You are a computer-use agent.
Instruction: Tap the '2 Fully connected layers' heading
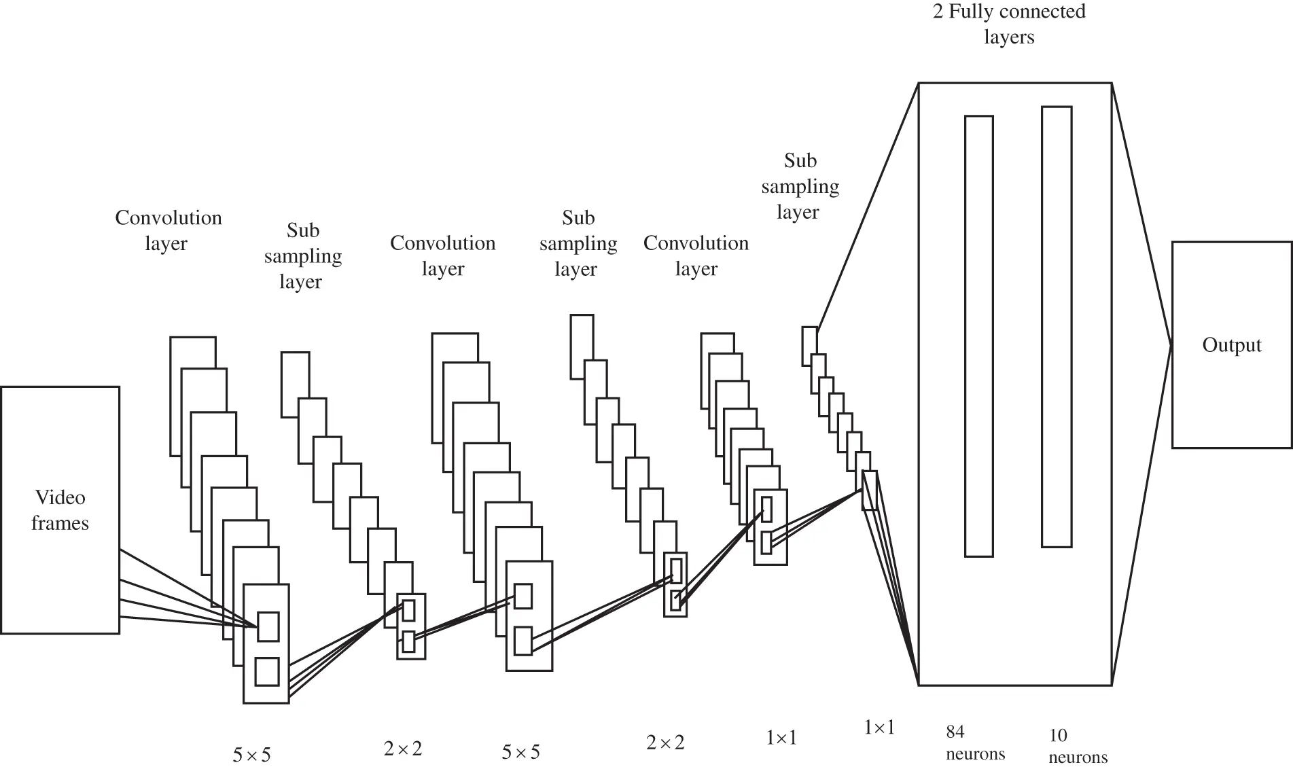click(1009, 23)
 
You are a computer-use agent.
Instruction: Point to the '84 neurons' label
click(975, 743)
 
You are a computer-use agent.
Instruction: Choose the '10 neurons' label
click(1077, 745)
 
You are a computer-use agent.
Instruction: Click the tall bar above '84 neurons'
click(978, 336)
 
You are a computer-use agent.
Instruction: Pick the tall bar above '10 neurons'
click(1057, 326)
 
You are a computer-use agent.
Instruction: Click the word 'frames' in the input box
click(60, 523)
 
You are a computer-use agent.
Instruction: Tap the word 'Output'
click(1231, 345)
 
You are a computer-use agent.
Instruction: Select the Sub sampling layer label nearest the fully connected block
click(800, 186)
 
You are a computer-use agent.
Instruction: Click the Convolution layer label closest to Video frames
click(168, 230)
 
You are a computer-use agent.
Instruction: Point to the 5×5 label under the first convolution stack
click(251, 754)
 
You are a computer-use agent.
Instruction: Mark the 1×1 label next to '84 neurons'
click(879, 728)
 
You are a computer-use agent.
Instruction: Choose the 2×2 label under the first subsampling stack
click(402, 749)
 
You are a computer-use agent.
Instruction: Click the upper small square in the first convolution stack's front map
click(268, 626)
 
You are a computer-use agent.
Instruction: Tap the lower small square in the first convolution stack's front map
click(267, 671)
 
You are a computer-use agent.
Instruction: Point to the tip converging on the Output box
click(1171, 345)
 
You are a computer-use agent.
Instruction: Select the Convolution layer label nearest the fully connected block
click(696, 255)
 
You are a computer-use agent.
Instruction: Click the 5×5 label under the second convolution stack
click(520, 752)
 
